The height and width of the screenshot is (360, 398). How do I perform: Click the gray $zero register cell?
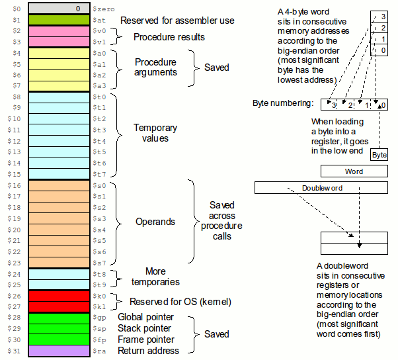57,9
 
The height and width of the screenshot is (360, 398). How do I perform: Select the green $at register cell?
57,20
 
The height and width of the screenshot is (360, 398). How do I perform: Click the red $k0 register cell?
57,295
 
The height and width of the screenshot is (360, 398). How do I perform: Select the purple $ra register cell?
57,351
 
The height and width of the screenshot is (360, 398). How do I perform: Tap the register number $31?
13,351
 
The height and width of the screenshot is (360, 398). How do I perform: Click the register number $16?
13,185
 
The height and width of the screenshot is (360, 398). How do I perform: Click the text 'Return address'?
147,351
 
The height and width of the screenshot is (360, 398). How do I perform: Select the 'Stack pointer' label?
144,328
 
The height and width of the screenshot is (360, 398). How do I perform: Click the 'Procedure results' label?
169,37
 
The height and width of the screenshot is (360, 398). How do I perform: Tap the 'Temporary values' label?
156,133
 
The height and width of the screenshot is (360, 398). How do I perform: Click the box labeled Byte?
379,155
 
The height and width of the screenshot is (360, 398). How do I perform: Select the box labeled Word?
354,171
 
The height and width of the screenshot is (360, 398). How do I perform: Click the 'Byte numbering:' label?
284,104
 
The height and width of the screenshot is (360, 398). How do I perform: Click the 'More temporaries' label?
155,276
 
